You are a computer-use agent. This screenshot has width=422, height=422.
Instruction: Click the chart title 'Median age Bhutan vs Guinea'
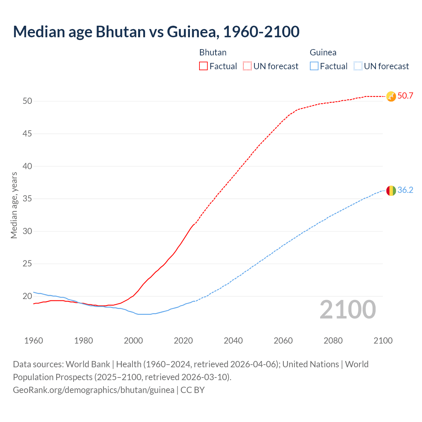(156, 32)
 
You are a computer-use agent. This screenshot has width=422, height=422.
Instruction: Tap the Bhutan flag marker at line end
(391, 96)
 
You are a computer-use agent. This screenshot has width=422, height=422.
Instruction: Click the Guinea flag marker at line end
(391, 191)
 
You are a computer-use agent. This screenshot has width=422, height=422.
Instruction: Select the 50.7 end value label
(405, 96)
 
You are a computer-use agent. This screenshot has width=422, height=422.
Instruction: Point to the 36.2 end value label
(405, 190)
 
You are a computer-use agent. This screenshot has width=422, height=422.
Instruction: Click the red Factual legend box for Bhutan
(203, 66)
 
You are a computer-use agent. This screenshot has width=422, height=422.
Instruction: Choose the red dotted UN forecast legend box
(247, 66)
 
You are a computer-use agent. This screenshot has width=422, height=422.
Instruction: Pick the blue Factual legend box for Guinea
(314, 66)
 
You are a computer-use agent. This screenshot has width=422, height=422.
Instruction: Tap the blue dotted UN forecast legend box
(358, 66)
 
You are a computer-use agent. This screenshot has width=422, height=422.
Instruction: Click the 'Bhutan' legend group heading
(213, 52)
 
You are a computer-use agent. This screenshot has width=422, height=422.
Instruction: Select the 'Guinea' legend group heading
(323, 52)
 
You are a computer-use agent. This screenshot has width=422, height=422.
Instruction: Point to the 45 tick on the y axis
(27, 134)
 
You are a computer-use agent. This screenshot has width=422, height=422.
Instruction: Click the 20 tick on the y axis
(27, 296)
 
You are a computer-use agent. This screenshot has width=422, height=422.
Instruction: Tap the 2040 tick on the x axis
(233, 341)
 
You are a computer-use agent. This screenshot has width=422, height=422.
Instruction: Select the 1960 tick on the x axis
(34, 341)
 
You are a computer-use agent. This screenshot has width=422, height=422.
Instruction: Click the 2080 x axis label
(333, 341)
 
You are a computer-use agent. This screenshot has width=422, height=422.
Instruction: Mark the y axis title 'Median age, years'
(14, 205)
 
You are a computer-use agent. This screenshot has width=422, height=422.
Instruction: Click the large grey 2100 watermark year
(347, 310)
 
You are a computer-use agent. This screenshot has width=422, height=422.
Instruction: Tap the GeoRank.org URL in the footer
(94, 390)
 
